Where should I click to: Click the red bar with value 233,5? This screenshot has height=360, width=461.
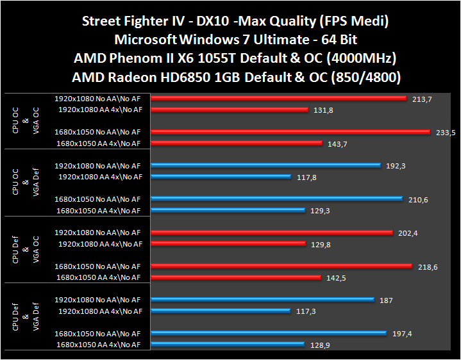click(290, 132)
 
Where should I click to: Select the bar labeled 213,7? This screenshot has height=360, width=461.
click(279, 99)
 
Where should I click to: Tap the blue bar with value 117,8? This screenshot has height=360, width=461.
click(221, 177)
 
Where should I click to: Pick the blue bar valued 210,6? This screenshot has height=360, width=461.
click(277, 199)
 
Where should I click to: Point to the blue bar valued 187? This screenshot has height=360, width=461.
click(263, 299)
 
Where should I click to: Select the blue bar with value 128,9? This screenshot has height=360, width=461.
click(228, 345)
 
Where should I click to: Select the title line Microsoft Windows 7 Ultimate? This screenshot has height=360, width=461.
click(231, 39)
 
